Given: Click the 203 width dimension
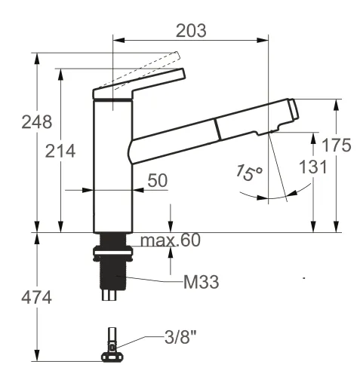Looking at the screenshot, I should click(x=189, y=30).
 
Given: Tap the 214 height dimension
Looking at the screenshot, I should click(x=60, y=151).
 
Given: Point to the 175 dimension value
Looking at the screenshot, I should click(x=336, y=145).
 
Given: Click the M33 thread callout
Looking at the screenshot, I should click(x=201, y=283).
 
